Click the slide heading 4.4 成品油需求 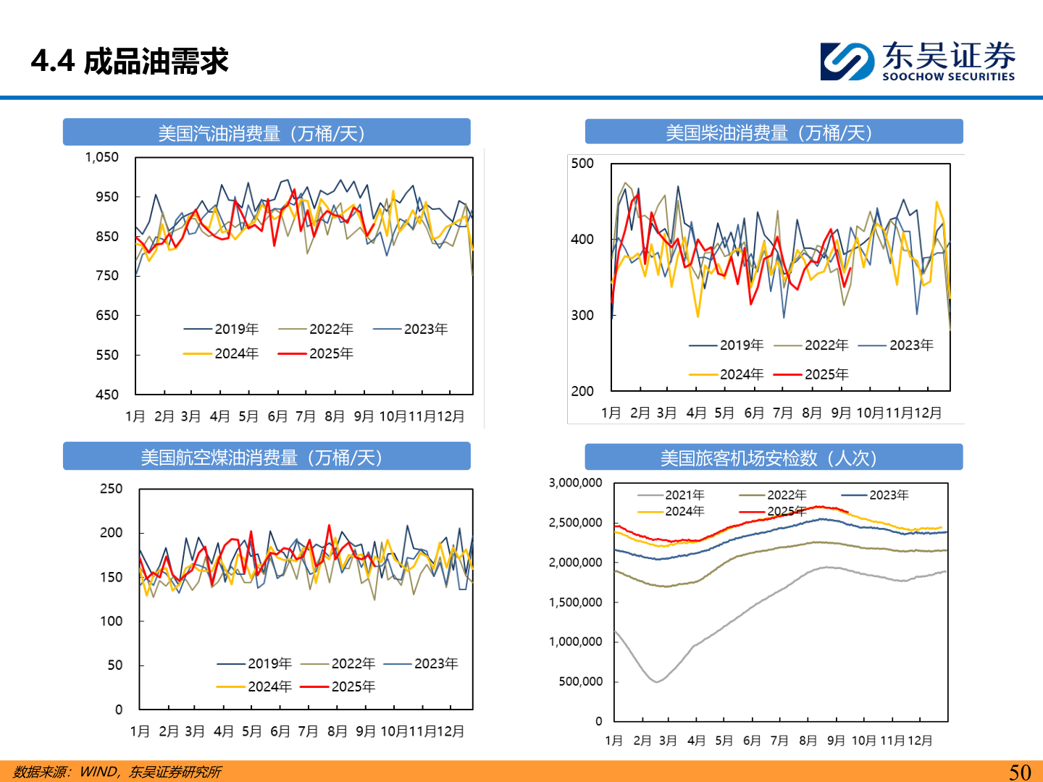point(130,62)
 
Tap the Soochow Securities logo point(917,61)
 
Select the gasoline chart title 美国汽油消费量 point(267,133)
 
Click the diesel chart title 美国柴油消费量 point(774,133)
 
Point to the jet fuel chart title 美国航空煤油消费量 point(267,458)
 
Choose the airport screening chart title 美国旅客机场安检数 point(774,458)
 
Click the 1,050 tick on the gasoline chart point(102,157)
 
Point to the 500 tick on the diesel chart point(582,164)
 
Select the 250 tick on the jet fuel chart point(111,489)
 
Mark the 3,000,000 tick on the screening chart point(575,483)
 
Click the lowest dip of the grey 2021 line point(656,681)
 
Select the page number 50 point(1020,772)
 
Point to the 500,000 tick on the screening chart point(580,681)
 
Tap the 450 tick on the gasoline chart point(107,395)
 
